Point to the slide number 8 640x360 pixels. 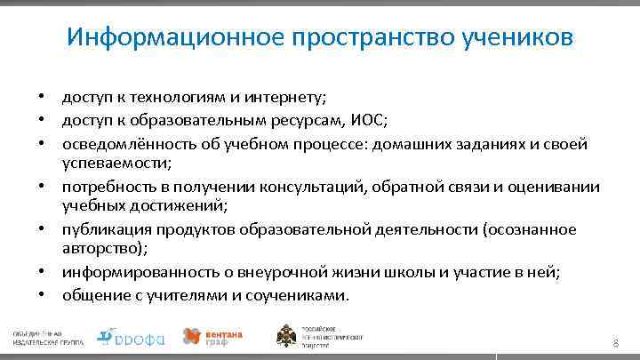click(x=614, y=343)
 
